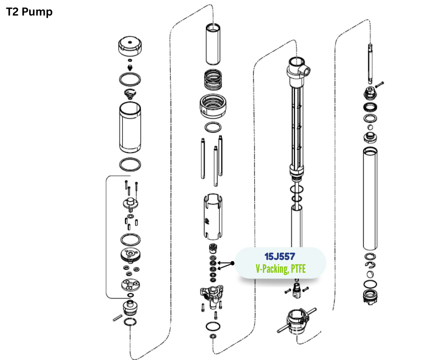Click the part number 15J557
280,256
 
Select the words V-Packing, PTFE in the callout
280,269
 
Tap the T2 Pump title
29,12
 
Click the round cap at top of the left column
130,46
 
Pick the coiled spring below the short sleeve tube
213,80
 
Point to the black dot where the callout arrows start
232,263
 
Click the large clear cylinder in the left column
130,127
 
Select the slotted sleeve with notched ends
213,217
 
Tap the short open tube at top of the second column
213,44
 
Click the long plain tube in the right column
370,199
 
